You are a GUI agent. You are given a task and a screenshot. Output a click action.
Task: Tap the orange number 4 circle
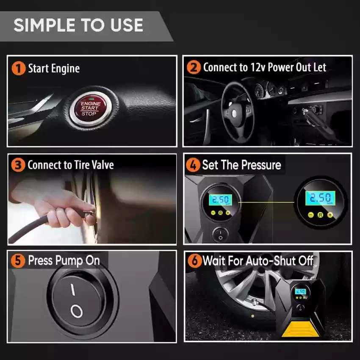tap(193, 165)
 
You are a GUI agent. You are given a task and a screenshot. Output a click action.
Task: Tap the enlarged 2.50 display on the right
tap(318, 198)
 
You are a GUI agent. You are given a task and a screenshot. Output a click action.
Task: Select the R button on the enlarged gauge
tap(320, 215)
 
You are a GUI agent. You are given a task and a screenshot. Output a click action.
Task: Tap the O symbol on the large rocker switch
tap(76, 312)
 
